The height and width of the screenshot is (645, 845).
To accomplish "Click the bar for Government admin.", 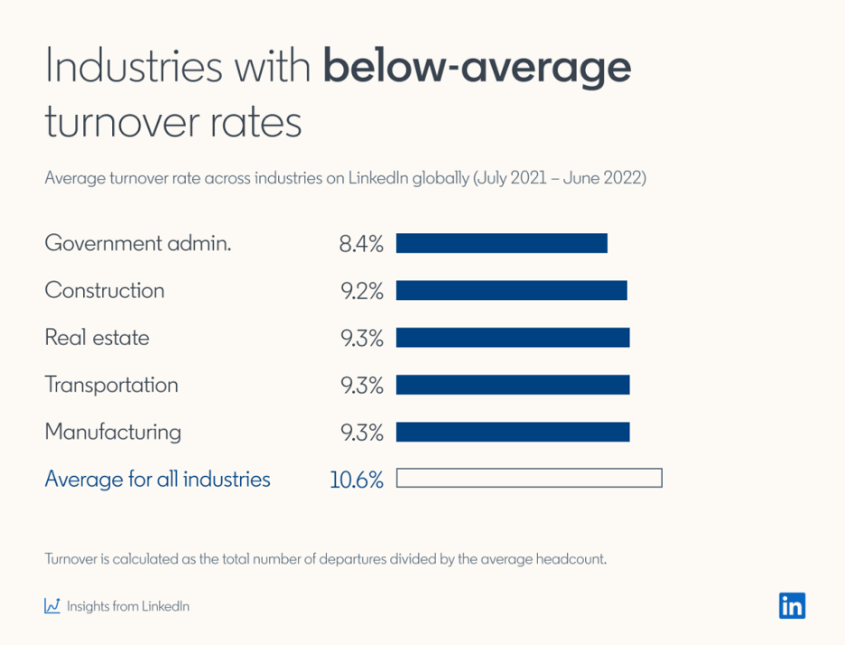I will (x=501, y=243).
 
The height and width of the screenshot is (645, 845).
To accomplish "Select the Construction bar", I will (x=511, y=290).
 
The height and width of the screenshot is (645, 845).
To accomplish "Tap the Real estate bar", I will (x=512, y=338).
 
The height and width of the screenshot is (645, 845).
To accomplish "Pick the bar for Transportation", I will (x=512, y=385).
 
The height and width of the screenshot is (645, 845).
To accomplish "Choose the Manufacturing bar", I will (x=512, y=432).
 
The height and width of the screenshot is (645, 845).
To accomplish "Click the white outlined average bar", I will (x=528, y=479).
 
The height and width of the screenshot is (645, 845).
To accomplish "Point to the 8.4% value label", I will (x=361, y=244).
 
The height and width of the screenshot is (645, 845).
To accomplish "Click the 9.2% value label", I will (x=361, y=291).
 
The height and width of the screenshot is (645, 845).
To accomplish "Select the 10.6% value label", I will (x=357, y=480).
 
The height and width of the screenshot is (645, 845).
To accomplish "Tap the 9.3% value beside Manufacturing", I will (x=361, y=433).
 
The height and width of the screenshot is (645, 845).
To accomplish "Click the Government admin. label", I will (x=138, y=243).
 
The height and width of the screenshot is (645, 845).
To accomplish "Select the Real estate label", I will (x=97, y=338).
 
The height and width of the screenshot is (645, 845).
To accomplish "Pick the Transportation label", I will (x=111, y=385).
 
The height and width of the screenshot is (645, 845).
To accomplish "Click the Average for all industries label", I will (x=157, y=479).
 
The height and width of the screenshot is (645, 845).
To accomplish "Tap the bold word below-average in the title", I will (x=477, y=69).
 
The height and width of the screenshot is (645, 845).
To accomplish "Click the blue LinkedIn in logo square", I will (x=792, y=605).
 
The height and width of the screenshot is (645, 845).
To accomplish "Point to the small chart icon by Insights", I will (x=52, y=605).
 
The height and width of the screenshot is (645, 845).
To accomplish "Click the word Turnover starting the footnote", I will (x=70, y=558).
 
